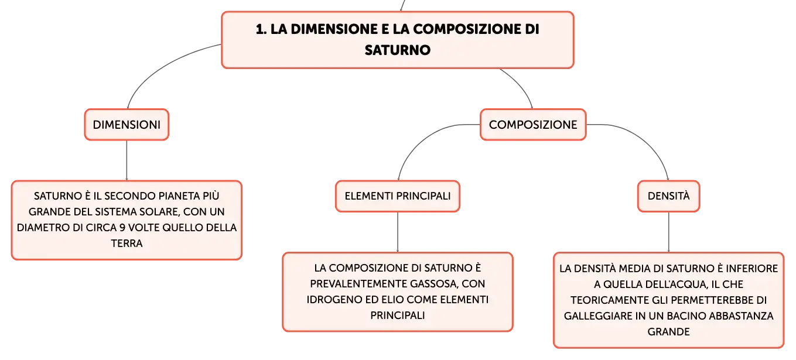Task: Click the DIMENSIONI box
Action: (127, 125)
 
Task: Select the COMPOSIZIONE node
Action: (532, 125)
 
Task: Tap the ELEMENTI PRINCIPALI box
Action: (398, 196)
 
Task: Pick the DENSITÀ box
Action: (668, 196)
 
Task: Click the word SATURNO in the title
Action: (398, 50)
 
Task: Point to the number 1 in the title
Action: (259, 29)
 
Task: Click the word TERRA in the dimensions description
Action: (127, 243)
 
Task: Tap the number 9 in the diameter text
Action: (121, 227)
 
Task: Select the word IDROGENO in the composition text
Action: (334, 299)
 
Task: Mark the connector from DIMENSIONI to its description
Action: (127, 160)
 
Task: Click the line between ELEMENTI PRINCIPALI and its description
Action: (398, 232)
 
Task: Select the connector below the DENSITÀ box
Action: (668, 232)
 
